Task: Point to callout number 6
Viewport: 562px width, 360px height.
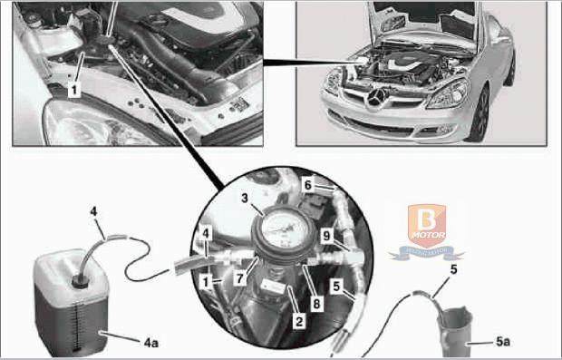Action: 307,184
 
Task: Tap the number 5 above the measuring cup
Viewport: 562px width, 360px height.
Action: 454,268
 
